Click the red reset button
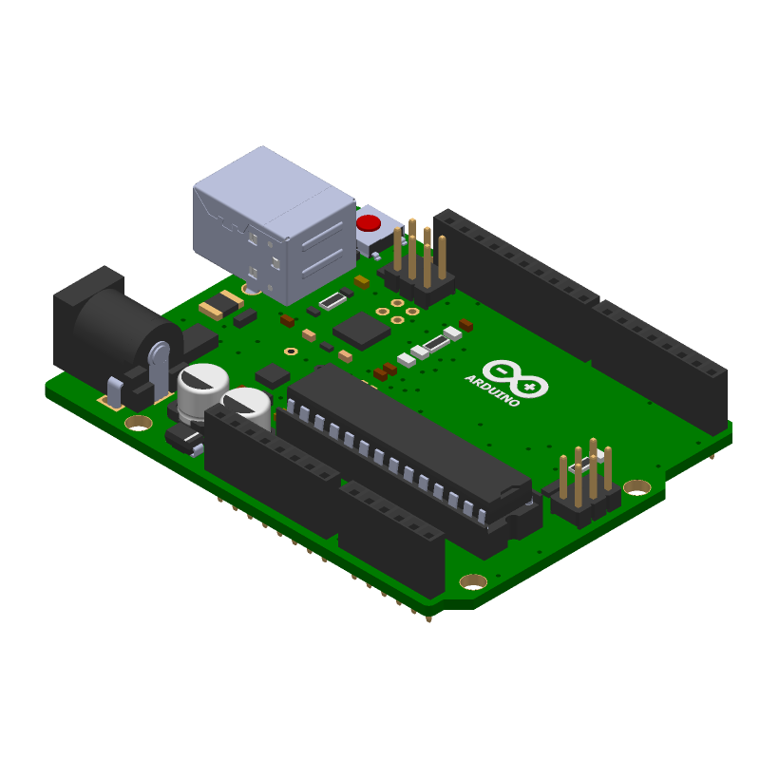369,223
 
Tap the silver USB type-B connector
275,225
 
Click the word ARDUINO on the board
492,390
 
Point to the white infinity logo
515,379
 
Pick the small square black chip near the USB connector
362,331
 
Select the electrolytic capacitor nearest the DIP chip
247,407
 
